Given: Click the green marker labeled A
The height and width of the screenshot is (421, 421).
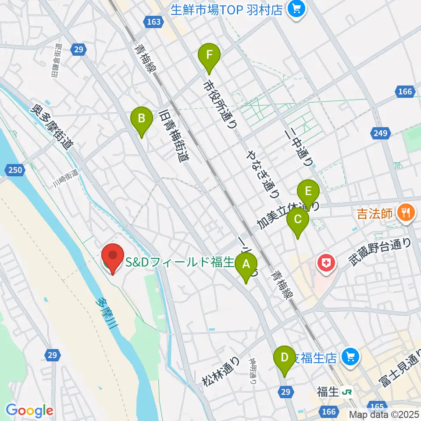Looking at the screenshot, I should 246,265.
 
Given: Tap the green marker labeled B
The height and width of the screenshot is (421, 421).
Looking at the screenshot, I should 142,119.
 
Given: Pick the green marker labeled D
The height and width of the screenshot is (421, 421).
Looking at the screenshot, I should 285,357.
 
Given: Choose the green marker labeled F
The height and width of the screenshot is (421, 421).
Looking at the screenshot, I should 209,56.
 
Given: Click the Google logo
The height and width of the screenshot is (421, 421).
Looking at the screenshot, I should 29,410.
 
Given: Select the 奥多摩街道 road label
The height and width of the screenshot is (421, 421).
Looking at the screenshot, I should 52,127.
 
